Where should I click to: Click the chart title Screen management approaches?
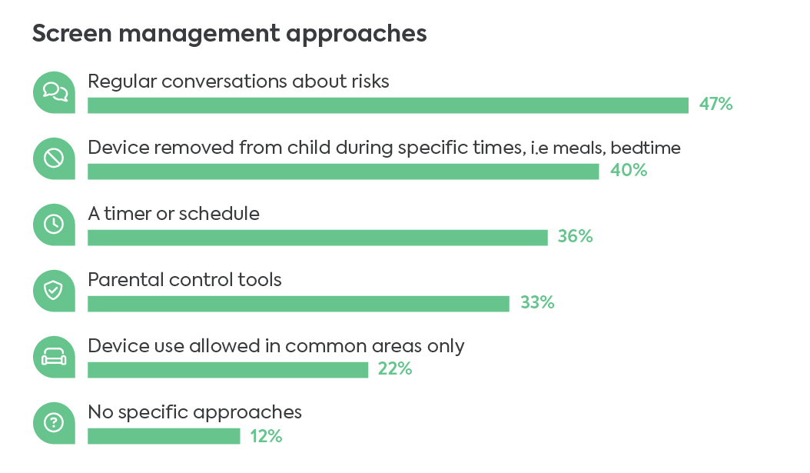point(229,35)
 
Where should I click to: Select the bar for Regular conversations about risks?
point(387,105)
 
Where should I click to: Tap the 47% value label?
point(715,105)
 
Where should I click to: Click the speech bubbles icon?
point(54,92)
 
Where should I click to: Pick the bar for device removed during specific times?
point(343,172)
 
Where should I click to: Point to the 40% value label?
point(629,171)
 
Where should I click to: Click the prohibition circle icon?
point(54,158)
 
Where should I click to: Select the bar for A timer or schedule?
point(317,238)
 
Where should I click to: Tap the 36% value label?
point(575,237)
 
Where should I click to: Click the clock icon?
point(54,225)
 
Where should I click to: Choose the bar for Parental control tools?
point(298,304)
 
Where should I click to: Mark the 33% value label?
point(537,303)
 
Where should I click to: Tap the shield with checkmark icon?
point(54,291)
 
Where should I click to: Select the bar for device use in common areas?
point(227,370)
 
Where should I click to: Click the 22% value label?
point(395,369)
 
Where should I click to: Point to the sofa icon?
point(54,357)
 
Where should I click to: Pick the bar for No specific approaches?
point(164,436)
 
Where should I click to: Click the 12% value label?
point(266,436)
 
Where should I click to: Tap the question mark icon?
point(54,423)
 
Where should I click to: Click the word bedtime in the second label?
point(646,148)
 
